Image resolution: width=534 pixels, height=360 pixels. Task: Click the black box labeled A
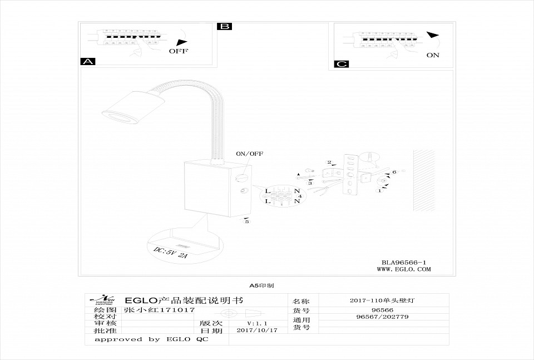88,62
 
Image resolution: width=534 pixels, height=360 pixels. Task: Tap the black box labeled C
342,64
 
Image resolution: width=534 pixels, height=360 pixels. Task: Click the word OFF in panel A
179,51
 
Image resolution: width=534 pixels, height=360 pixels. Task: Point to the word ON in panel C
433,55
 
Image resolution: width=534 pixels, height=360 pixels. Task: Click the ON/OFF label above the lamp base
250,154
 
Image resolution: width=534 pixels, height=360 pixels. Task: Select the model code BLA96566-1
404,262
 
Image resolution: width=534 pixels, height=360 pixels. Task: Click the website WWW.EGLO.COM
404,269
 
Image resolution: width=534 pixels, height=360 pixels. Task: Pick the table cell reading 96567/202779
382,317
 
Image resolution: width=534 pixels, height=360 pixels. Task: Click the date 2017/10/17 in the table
256,330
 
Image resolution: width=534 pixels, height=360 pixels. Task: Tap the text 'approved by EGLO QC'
151,339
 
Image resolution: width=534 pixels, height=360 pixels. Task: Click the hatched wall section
424,180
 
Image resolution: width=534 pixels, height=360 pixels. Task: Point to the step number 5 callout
246,221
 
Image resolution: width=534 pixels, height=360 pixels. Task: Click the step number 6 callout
394,172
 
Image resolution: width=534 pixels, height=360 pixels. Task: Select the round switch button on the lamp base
242,178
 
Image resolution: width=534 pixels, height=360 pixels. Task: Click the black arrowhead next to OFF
179,42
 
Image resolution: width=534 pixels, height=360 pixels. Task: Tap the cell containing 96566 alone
382,310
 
